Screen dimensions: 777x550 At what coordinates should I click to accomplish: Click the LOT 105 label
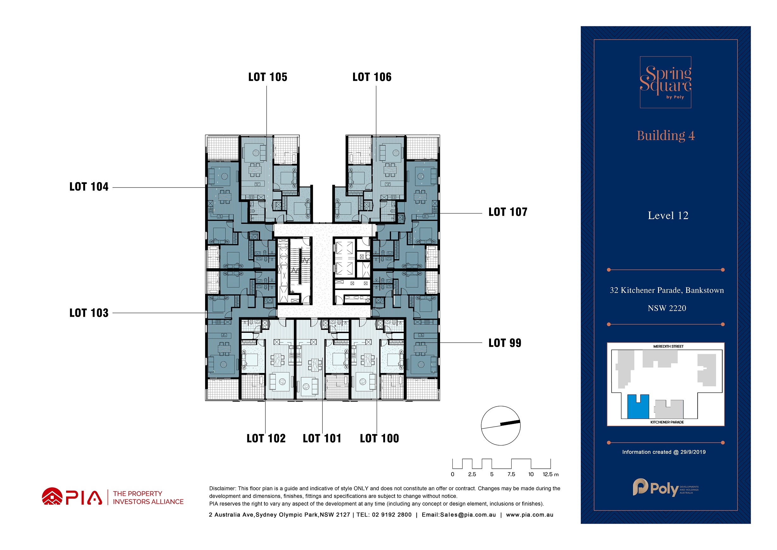(x=268, y=77)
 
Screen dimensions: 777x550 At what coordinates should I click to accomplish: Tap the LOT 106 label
(x=372, y=77)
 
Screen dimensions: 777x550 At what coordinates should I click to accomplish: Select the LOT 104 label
(x=89, y=186)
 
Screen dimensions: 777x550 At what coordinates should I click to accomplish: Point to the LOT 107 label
(x=508, y=212)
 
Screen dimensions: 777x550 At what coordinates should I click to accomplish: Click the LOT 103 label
(x=89, y=313)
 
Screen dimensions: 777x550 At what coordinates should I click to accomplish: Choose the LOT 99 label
(x=505, y=343)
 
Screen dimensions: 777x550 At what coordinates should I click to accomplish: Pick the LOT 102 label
(x=266, y=439)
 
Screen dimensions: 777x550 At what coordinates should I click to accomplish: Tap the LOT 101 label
(x=322, y=439)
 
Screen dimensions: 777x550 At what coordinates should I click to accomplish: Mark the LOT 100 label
(x=379, y=439)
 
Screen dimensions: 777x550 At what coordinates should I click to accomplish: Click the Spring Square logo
(x=665, y=82)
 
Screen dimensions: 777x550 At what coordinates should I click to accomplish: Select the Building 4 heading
(x=666, y=136)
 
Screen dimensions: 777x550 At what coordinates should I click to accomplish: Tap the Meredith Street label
(x=668, y=346)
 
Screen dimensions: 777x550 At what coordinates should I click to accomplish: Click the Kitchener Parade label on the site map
(x=667, y=422)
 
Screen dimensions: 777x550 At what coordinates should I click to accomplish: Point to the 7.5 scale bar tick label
(x=511, y=474)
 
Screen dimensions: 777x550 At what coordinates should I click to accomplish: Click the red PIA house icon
(x=52, y=496)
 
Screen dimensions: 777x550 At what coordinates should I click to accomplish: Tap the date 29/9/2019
(x=693, y=452)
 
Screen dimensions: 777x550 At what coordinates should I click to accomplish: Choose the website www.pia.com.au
(x=530, y=515)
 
